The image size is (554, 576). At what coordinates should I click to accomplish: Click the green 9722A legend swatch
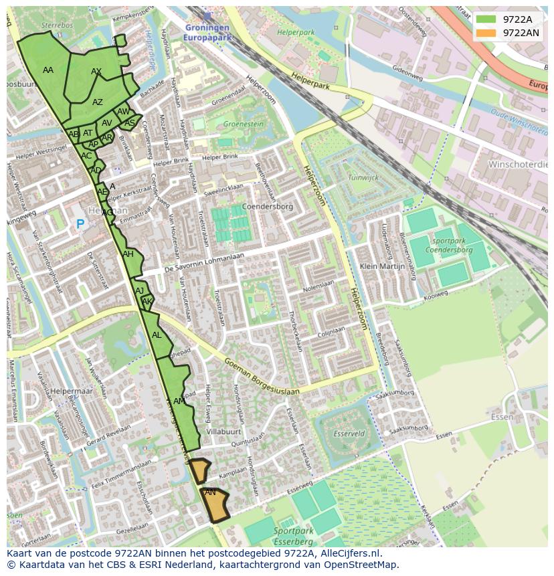[486, 19]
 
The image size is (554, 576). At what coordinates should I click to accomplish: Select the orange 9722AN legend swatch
[486, 33]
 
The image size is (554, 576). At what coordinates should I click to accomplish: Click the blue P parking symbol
[80, 225]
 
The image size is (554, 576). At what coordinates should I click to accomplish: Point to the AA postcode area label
[48, 70]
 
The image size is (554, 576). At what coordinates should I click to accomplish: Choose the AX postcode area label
[96, 72]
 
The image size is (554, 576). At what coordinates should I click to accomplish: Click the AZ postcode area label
[98, 102]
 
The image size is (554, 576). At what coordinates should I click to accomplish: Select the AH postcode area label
[128, 254]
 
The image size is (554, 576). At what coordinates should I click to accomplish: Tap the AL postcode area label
[157, 335]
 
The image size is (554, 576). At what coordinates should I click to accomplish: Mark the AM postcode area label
[179, 401]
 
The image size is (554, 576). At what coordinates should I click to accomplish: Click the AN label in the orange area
[210, 492]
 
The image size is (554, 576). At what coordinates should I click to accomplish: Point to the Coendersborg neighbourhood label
[268, 207]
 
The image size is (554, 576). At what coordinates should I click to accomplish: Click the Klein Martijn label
[381, 266]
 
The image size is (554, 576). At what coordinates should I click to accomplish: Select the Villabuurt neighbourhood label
[223, 432]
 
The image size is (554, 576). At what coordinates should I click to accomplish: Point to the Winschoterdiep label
[517, 165]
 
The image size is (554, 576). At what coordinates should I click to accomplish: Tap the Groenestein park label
[243, 124]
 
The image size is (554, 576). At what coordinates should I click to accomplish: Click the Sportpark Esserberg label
[293, 535]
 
